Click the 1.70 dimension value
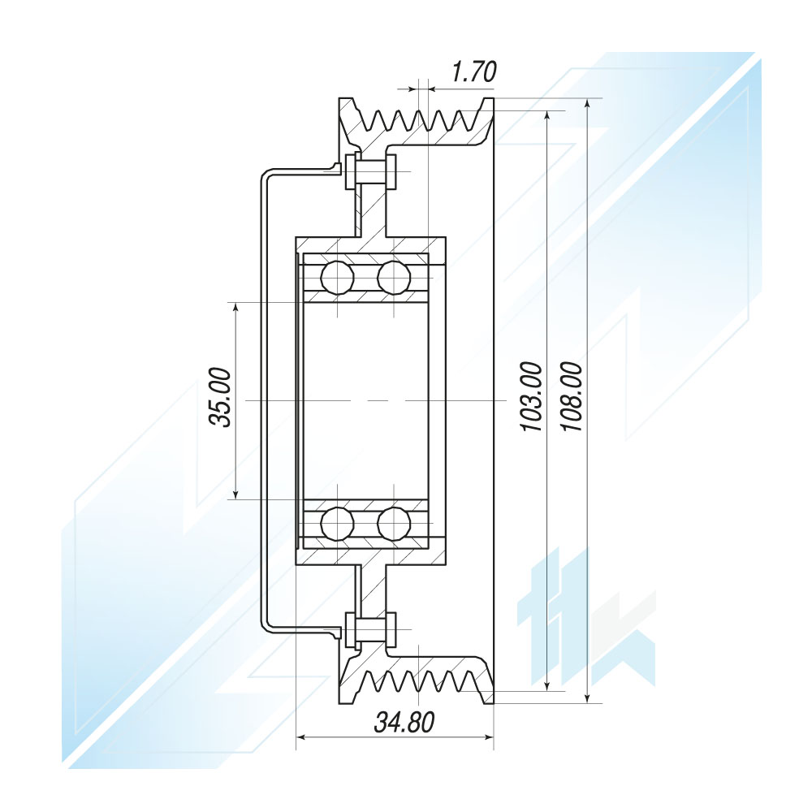(474, 71)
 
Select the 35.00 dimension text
(219, 397)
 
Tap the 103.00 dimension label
(532, 397)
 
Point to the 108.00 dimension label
(572, 397)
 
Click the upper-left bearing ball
(337, 278)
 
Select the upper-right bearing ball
(394, 278)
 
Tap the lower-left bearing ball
(337, 524)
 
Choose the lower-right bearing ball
(394, 524)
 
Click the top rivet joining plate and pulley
(371, 171)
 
